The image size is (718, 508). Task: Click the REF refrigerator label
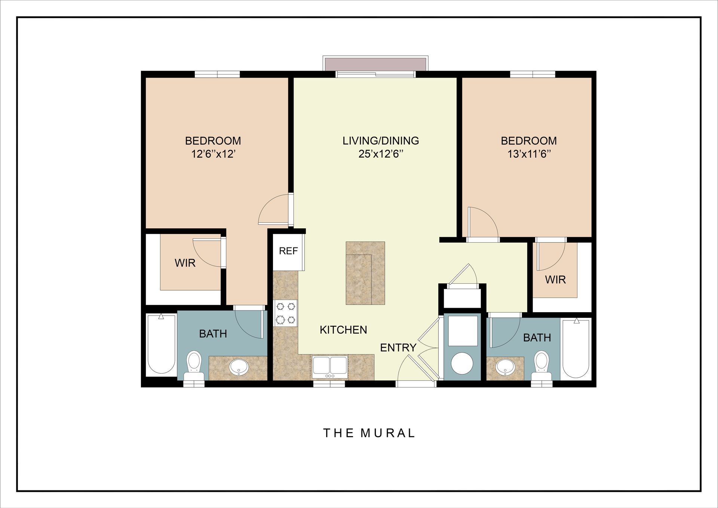tap(288, 251)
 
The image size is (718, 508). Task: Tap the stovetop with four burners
tap(286, 313)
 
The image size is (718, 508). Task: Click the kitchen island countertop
tap(365, 273)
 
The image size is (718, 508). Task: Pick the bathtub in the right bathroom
tap(576, 348)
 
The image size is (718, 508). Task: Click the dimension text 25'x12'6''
tap(381, 154)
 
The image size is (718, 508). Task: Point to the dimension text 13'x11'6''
tap(529, 154)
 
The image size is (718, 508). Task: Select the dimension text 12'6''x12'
tap(213, 154)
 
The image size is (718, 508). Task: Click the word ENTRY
tap(398, 348)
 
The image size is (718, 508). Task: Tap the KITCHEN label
tap(343, 330)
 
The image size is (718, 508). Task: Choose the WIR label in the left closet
tap(185, 263)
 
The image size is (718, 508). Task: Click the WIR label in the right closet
tap(555, 280)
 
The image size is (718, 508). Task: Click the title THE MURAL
tap(369, 433)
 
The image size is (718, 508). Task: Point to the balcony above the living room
tap(375, 64)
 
